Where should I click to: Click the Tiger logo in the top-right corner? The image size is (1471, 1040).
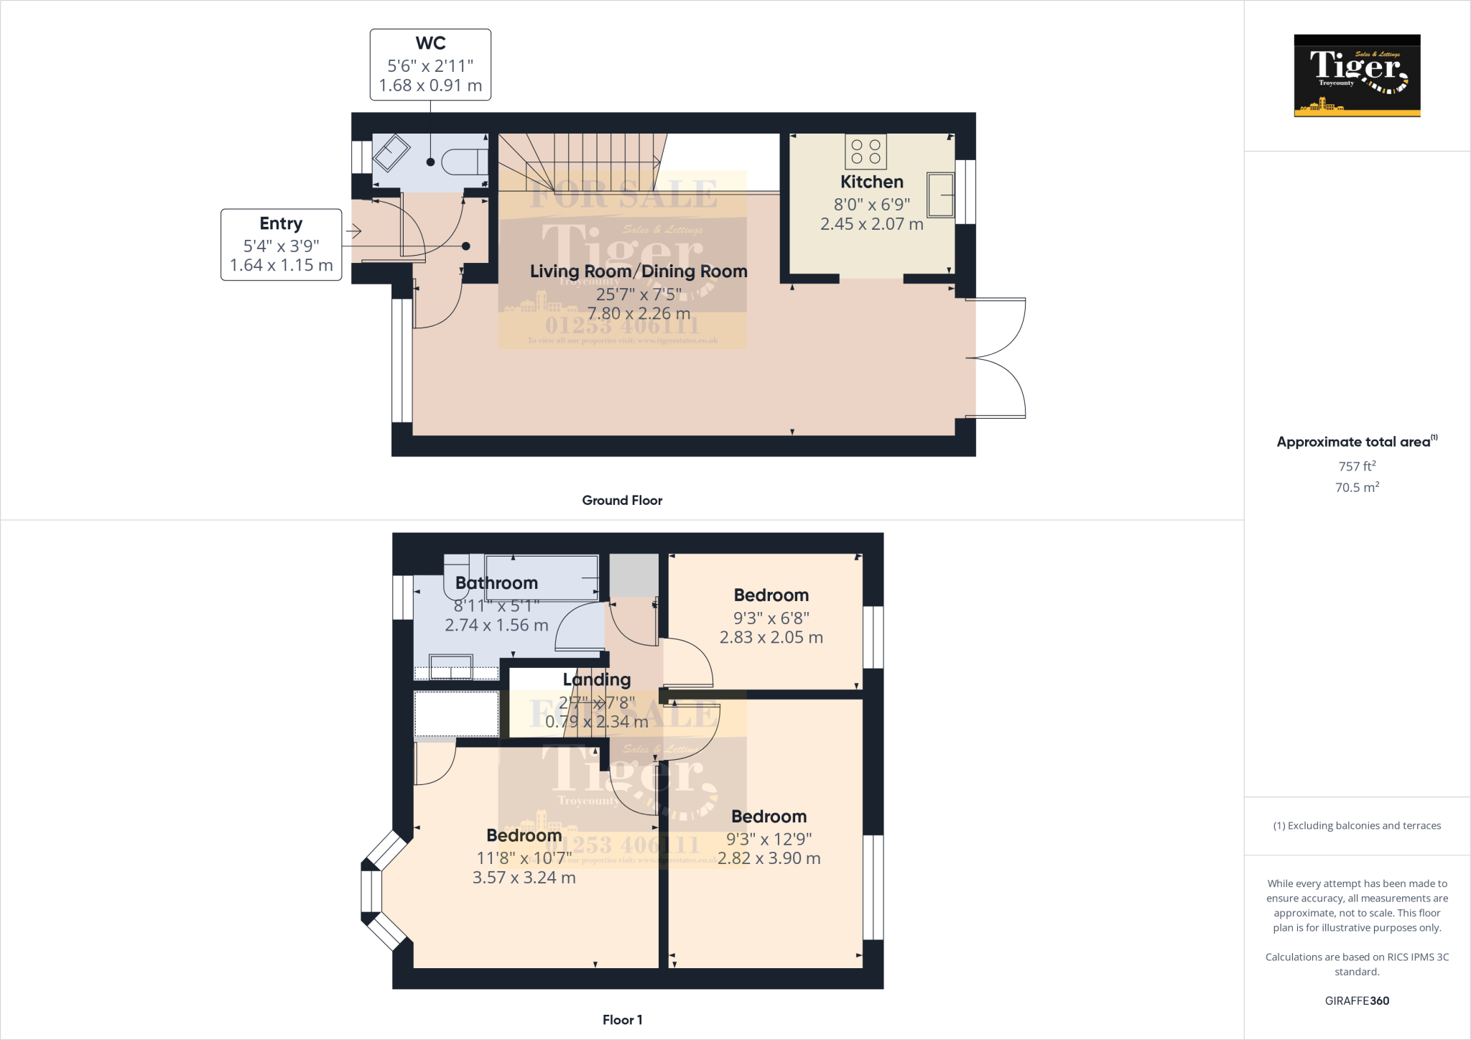[1357, 75]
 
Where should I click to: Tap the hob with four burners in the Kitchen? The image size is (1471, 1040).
[866, 152]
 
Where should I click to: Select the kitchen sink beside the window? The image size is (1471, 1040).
[939, 195]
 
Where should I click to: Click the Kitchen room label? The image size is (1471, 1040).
[871, 182]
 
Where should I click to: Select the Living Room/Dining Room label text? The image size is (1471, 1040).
[638, 271]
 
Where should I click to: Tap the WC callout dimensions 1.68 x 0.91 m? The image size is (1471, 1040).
[430, 85]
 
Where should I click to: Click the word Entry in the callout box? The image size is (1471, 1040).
[281, 223]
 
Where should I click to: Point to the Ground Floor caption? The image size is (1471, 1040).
[622, 501]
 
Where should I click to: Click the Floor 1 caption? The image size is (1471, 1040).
[622, 1020]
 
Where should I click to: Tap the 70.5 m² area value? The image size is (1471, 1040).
[1357, 488]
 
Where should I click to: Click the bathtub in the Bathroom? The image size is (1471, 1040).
[542, 577]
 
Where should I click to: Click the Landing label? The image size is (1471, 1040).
[596, 679]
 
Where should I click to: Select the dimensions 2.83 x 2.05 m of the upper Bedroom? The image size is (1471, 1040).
[771, 638]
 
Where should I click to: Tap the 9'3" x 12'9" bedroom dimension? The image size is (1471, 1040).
[769, 839]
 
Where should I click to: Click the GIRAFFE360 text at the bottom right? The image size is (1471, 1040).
[1357, 1000]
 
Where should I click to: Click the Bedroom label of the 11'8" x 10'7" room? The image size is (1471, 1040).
[524, 835]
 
